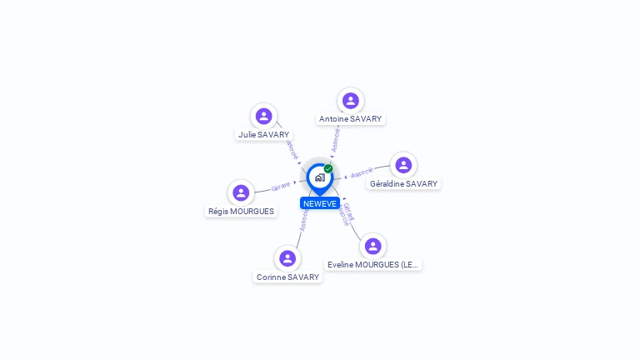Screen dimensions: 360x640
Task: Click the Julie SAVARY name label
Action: pos(263,134)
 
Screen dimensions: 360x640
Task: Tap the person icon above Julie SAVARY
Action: pos(263,116)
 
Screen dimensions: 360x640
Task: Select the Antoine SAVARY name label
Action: pos(350,118)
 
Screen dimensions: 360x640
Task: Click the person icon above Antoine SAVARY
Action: pos(350,100)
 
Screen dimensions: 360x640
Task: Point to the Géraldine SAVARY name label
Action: pos(403,183)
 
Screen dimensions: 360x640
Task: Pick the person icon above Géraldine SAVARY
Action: pos(403,165)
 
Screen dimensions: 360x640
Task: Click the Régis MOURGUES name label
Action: pos(241,211)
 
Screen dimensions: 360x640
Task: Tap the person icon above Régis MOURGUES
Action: pos(241,192)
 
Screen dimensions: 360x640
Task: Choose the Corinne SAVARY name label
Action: pos(287,277)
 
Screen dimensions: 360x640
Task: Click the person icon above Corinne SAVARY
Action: pos(287,258)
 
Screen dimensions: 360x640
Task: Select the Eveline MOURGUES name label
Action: pos(372,264)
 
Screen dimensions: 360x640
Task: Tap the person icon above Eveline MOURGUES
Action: pos(372,246)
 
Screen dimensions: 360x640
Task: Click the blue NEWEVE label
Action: pos(320,203)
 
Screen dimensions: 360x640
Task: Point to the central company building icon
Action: pos(319,177)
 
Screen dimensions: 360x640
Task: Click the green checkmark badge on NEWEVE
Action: pos(328,168)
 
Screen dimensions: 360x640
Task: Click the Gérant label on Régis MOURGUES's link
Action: pos(281,186)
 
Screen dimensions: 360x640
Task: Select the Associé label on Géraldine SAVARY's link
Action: pos(362,173)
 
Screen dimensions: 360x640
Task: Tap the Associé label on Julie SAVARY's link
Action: pos(292,149)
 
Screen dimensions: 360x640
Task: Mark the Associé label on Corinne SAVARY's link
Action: pos(303,219)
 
